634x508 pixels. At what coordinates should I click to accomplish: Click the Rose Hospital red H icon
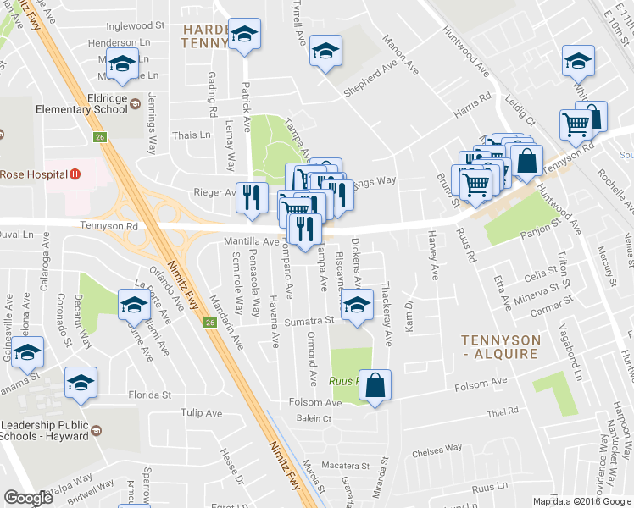click(75, 174)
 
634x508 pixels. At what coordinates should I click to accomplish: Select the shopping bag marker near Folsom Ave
click(375, 385)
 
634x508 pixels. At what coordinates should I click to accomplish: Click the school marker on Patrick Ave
click(244, 35)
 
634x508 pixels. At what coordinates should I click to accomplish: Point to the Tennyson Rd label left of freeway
click(108, 226)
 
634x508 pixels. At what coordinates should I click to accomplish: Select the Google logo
click(28, 497)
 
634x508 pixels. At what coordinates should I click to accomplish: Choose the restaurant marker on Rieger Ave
click(250, 196)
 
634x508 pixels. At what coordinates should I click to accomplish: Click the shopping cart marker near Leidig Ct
click(576, 125)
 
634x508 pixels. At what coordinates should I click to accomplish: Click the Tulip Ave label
click(202, 413)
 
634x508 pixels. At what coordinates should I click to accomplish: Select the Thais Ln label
click(191, 135)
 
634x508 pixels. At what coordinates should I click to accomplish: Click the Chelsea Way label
click(438, 449)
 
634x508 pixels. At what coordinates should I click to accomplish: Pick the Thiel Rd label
click(503, 411)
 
